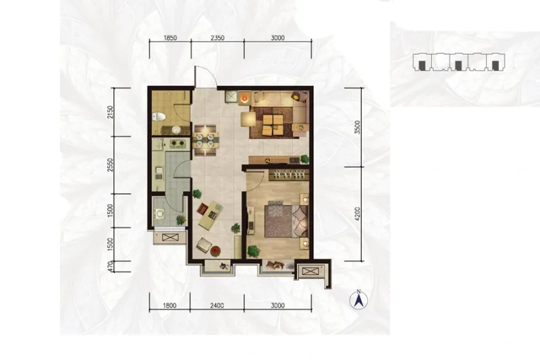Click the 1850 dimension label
170,38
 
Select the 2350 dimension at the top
217,38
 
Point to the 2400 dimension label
217,305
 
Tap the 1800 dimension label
169,305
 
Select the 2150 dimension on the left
110,112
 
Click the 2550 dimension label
110,165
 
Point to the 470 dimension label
110,266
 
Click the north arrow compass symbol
358,300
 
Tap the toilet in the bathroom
158,116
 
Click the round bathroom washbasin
176,130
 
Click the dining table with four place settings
206,140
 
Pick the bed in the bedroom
286,220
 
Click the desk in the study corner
211,215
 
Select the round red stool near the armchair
215,251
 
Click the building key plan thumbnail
459,62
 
